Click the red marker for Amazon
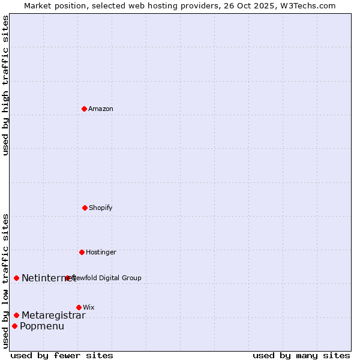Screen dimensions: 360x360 click(84, 109)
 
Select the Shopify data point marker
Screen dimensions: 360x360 click(85, 208)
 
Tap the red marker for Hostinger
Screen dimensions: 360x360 click(82, 252)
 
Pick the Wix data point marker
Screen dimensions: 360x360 click(79, 307)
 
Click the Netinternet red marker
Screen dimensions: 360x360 click(16, 278)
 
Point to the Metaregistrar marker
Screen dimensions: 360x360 click(16, 315)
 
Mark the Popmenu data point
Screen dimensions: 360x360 click(14, 326)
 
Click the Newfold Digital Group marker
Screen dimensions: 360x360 click(67, 278)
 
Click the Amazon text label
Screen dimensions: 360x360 click(101, 109)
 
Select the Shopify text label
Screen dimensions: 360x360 click(101, 208)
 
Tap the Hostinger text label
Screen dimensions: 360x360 click(101, 252)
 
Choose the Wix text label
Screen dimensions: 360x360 click(89, 307)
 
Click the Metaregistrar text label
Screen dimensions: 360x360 click(53, 315)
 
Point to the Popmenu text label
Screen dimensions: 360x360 click(42, 326)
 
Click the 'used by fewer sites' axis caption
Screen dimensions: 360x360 click(62, 355)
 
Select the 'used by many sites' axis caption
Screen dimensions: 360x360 click(301, 355)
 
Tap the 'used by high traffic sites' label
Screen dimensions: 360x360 click(5, 85)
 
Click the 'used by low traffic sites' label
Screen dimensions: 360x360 click(5, 280)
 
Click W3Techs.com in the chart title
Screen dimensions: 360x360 click(307, 5)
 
